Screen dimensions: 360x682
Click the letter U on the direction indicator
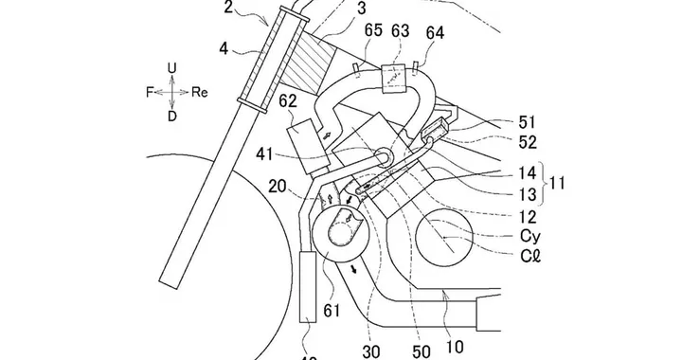[170, 68]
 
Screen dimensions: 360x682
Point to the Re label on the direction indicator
[200, 92]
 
